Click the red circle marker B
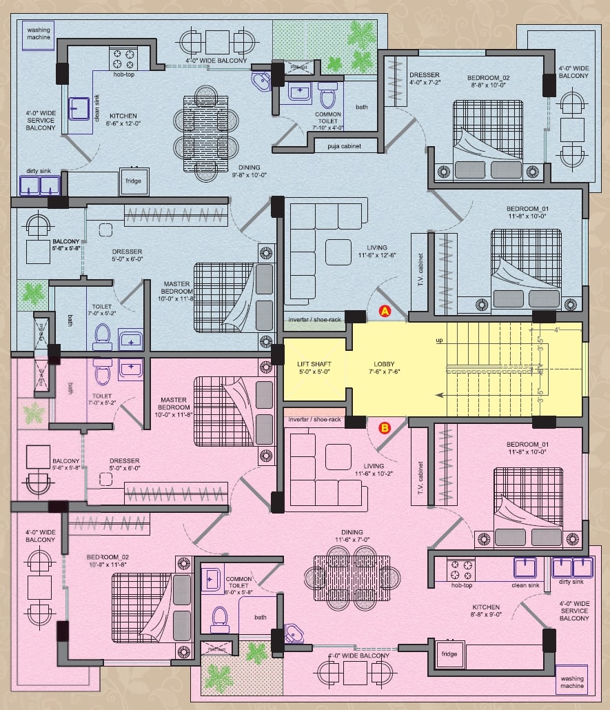tap(385, 428)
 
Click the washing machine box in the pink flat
tap(571, 682)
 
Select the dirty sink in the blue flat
tap(39, 185)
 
